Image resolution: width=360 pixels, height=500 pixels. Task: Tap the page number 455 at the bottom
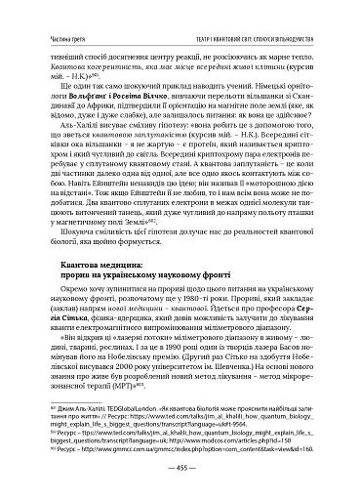180,469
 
